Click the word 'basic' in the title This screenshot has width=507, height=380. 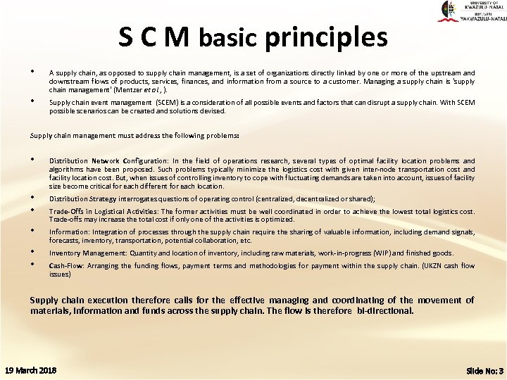[x=227, y=39]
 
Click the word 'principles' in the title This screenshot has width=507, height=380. [x=326, y=37]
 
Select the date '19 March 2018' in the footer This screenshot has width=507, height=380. [x=31, y=370]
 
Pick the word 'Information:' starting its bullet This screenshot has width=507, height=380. [x=69, y=231]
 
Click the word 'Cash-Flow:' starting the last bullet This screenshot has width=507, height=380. [x=64, y=266]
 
